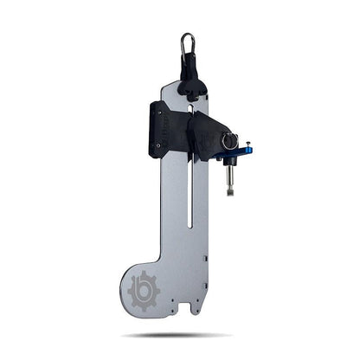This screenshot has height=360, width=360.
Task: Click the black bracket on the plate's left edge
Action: (157, 130)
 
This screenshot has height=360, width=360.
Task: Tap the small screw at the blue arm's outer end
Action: (248, 145)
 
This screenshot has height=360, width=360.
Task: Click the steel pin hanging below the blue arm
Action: (230, 177)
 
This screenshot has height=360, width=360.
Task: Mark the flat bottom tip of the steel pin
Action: (230, 192)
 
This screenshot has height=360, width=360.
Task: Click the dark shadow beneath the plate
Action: (177, 335)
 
